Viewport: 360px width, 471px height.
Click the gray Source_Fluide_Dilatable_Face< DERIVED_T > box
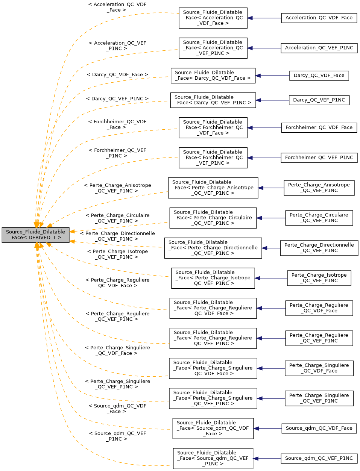35,235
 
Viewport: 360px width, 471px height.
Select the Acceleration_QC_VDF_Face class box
319,18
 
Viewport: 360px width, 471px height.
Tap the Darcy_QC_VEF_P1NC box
319,100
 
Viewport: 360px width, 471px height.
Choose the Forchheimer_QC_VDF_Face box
319,128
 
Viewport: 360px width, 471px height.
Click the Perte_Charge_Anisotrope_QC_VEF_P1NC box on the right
319,188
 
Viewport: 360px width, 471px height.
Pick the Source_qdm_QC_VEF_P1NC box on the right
319,458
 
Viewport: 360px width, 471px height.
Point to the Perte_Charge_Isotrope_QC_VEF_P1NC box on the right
319,278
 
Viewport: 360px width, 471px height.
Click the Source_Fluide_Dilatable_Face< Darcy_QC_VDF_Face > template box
213,76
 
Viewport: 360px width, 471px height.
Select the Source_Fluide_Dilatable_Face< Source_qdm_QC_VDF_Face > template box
213,428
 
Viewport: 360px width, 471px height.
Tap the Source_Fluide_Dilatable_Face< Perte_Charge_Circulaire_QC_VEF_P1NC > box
213,218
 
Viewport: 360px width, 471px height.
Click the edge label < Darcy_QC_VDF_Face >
117,75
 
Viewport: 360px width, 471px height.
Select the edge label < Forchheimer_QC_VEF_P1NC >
117,153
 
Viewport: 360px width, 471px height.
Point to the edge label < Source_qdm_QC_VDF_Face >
117,409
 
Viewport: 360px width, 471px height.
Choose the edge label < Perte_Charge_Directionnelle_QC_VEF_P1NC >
117,236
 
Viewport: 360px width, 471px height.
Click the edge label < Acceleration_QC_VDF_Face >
117,7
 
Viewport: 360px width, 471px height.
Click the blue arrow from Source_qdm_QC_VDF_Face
267,428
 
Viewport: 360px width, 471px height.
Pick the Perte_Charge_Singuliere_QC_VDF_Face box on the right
319,368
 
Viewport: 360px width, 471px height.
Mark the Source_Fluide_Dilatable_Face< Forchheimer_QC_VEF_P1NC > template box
213,158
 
